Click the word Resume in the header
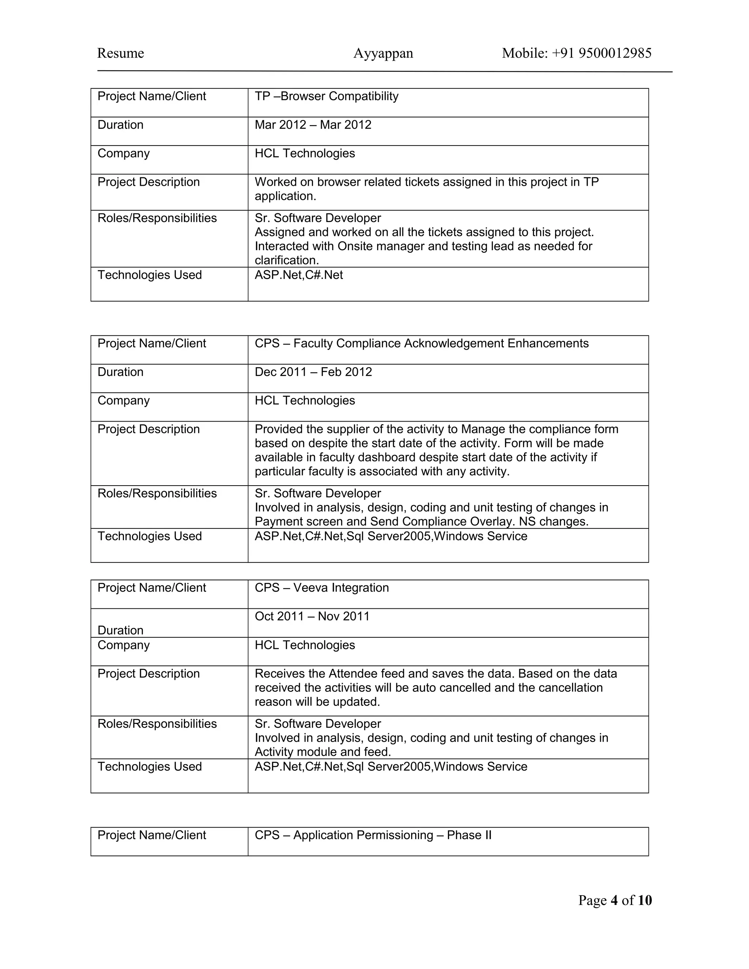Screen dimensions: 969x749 click(120, 53)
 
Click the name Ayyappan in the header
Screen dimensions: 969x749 click(383, 53)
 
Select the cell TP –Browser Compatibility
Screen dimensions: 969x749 click(326, 96)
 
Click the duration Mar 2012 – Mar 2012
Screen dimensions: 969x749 click(313, 125)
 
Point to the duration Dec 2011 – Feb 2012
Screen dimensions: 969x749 click(313, 372)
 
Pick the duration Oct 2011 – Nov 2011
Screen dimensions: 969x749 click(312, 616)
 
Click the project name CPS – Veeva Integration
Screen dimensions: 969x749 click(322, 588)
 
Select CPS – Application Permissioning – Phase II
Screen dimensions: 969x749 click(373, 835)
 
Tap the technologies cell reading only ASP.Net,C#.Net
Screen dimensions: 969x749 click(299, 275)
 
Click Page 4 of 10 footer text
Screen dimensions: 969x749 click(614, 900)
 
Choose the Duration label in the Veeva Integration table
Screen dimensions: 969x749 click(120, 630)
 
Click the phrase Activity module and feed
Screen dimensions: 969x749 click(323, 752)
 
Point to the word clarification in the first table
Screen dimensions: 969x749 click(287, 260)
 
